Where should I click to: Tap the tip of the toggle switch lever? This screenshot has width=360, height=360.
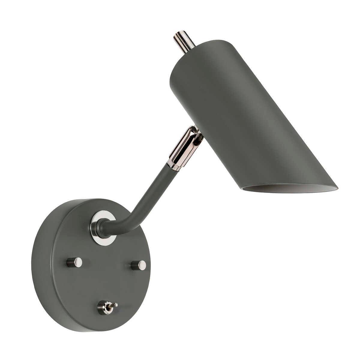click(x=116, y=305)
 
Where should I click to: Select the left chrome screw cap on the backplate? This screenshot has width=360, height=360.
click(x=74, y=262)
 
